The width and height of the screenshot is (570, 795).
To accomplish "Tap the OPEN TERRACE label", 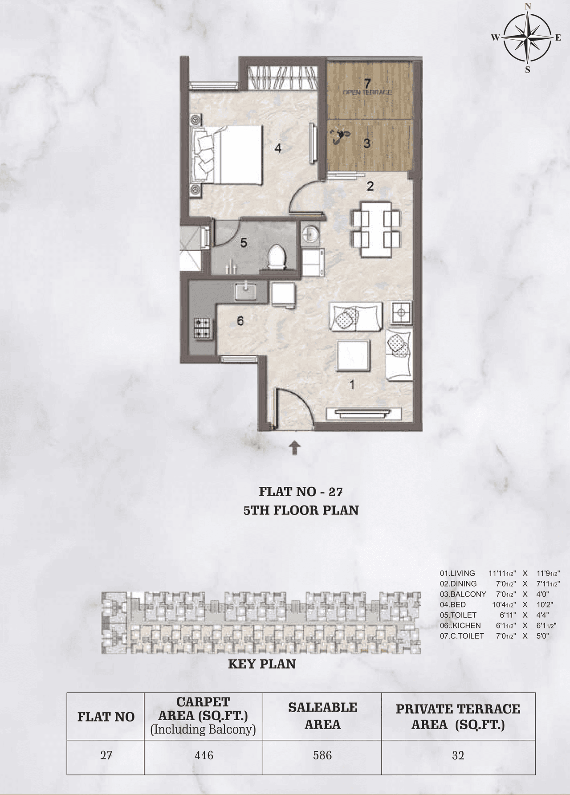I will click(367, 92).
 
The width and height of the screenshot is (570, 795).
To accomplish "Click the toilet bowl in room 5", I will click(277, 257).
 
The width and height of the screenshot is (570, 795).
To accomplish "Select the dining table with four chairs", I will click(376, 229).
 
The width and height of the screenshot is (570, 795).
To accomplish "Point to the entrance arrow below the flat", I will click(294, 448).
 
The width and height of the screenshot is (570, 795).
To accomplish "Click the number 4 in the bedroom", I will click(278, 149).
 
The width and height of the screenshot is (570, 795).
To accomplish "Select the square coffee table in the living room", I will click(354, 355).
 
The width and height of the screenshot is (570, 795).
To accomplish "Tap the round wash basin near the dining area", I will click(309, 234).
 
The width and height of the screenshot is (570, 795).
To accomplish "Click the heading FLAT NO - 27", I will click(301, 492).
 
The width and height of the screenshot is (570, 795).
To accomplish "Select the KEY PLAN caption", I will click(262, 664).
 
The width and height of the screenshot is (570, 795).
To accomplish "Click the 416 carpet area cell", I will click(204, 755).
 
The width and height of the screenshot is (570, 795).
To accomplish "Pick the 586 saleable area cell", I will click(322, 755).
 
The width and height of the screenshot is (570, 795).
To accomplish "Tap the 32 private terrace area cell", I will click(458, 755).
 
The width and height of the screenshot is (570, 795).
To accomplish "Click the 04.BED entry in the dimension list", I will click(453, 604).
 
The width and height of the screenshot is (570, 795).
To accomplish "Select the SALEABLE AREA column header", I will click(322, 716).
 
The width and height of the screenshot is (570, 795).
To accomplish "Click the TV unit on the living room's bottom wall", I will click(364, 413).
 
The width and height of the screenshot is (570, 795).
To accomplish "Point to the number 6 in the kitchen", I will click(240, 321).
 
